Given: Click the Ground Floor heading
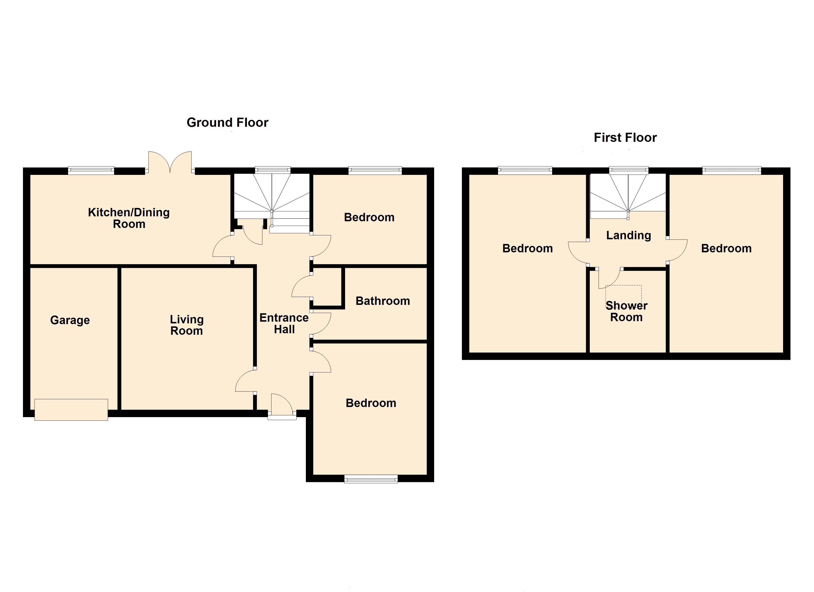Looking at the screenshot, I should [x=227, y=123].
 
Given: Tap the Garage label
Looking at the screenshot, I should [x=70, y=320].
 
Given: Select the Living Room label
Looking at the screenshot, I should [x=187, y=325].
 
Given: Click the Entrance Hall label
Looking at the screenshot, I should [x=284, y=323].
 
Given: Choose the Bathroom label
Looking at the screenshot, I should [x=383, y=301].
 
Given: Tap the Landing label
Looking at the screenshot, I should [x=629, y=236].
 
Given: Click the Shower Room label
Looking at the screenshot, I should [x=626, y=311].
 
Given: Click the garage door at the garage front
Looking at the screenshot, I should [x=71, y=410].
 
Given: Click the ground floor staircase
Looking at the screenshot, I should [x=272, y=201].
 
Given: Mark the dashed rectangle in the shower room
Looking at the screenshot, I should [x=623, y=294].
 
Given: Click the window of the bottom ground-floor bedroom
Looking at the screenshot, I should [x=371, y=479].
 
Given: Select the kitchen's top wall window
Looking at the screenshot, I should [x=91, y=170].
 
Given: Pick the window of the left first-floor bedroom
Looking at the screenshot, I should [x=525, y=170].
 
